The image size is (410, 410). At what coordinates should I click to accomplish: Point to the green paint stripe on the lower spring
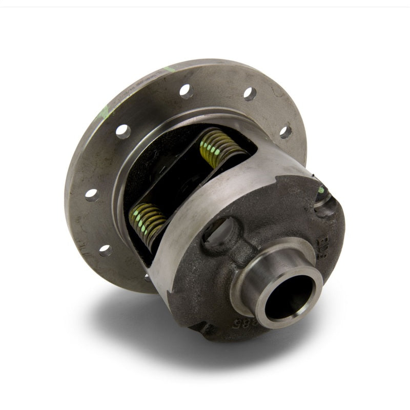tap(140, 220)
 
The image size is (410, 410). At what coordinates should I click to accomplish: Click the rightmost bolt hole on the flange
tap(285, 132)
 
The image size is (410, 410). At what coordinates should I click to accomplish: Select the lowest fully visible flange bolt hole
tap(106, 250)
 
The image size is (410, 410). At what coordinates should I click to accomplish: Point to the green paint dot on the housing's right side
tap(321, 190)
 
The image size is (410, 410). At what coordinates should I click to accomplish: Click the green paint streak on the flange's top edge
tap(169, 69)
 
